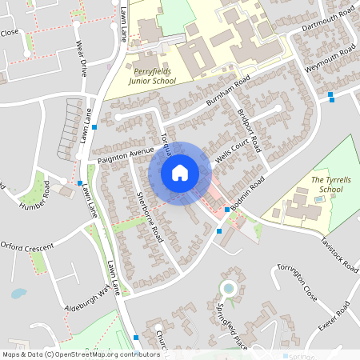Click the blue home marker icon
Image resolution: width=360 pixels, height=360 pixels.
(x=180, y=172)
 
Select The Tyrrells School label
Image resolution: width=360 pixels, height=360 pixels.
(x=330, y=185)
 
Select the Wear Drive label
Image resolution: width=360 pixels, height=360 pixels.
(x=82, y=58)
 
